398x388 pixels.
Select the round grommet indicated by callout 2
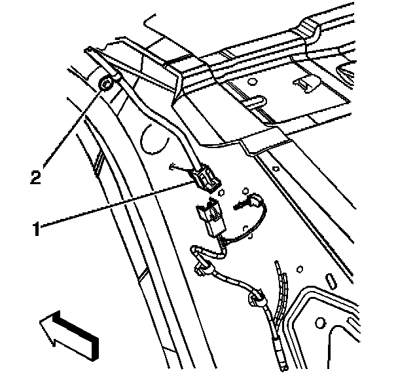[x=107, y=84]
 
